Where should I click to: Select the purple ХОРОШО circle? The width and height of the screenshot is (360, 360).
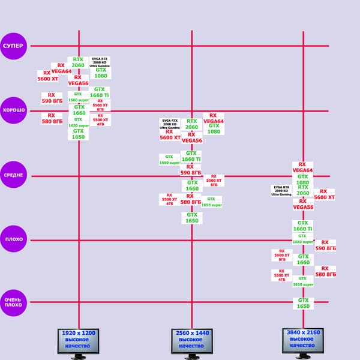coord(14,110)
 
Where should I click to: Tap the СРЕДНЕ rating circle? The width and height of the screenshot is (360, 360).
coord(14,175)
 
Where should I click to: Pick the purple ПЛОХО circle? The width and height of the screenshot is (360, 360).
coord(14,239)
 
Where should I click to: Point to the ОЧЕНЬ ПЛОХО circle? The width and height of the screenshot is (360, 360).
coord(14,302)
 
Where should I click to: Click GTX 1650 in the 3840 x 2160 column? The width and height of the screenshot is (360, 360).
coord(303,304)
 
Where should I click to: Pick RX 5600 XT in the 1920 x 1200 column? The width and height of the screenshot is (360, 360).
coord(48,76)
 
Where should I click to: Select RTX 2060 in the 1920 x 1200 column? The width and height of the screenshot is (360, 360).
coord(78,62)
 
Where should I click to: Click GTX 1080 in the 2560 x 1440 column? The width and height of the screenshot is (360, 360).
coord(214,128)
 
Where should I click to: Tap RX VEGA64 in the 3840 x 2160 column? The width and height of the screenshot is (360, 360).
coord(302,167)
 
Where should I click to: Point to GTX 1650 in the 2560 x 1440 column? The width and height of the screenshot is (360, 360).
coord(192,218)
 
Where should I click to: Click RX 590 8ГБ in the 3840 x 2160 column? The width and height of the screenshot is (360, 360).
coord(325,245)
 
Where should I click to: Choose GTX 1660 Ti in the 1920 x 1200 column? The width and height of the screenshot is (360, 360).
coord(100,92)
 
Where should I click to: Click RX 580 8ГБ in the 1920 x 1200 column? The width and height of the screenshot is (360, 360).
coord(52,118)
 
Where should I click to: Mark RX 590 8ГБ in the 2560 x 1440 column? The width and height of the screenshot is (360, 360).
coord(192,169)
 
